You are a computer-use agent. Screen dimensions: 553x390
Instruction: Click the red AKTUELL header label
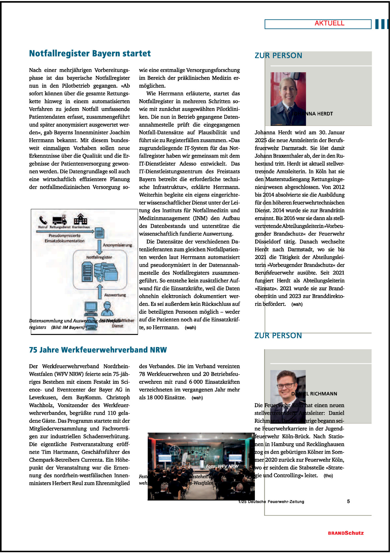329,23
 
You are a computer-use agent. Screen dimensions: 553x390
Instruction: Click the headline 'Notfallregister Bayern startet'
90,53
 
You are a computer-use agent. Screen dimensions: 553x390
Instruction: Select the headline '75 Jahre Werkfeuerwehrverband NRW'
98,350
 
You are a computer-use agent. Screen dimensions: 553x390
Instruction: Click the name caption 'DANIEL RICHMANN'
314,394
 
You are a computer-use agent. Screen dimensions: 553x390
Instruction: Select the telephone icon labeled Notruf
43,220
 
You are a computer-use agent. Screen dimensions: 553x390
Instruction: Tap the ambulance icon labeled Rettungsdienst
60,220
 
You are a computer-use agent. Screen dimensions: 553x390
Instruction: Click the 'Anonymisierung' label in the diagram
117,245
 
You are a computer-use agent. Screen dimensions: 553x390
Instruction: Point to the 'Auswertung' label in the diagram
115,295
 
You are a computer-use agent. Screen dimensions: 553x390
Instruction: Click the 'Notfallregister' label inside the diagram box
99,257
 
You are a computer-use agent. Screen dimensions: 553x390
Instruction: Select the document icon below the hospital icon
100,233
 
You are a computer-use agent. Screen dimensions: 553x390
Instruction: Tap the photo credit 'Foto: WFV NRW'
222,466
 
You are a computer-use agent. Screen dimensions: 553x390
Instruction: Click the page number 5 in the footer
348,501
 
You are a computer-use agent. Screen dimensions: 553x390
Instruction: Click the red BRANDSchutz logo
346,533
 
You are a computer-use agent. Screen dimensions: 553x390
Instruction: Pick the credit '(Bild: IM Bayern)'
68,327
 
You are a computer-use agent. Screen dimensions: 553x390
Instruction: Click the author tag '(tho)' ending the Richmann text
328,476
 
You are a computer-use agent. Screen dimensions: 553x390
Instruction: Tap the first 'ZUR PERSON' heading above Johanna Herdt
278,56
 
